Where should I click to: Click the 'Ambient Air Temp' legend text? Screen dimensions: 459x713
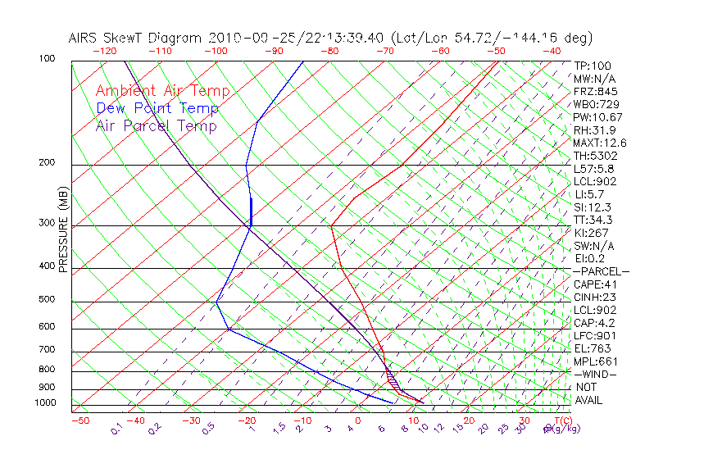tap(162, 91)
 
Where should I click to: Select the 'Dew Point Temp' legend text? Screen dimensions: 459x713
tap(157, 108)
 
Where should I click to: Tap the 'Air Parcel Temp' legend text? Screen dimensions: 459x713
tap(157, 125)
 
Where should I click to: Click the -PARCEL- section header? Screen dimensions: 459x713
tap(601, 271)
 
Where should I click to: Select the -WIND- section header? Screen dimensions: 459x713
tap(595, 374)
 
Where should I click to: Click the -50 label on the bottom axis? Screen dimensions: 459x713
tap(79, 420)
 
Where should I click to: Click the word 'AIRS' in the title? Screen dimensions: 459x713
tap(84, 38)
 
